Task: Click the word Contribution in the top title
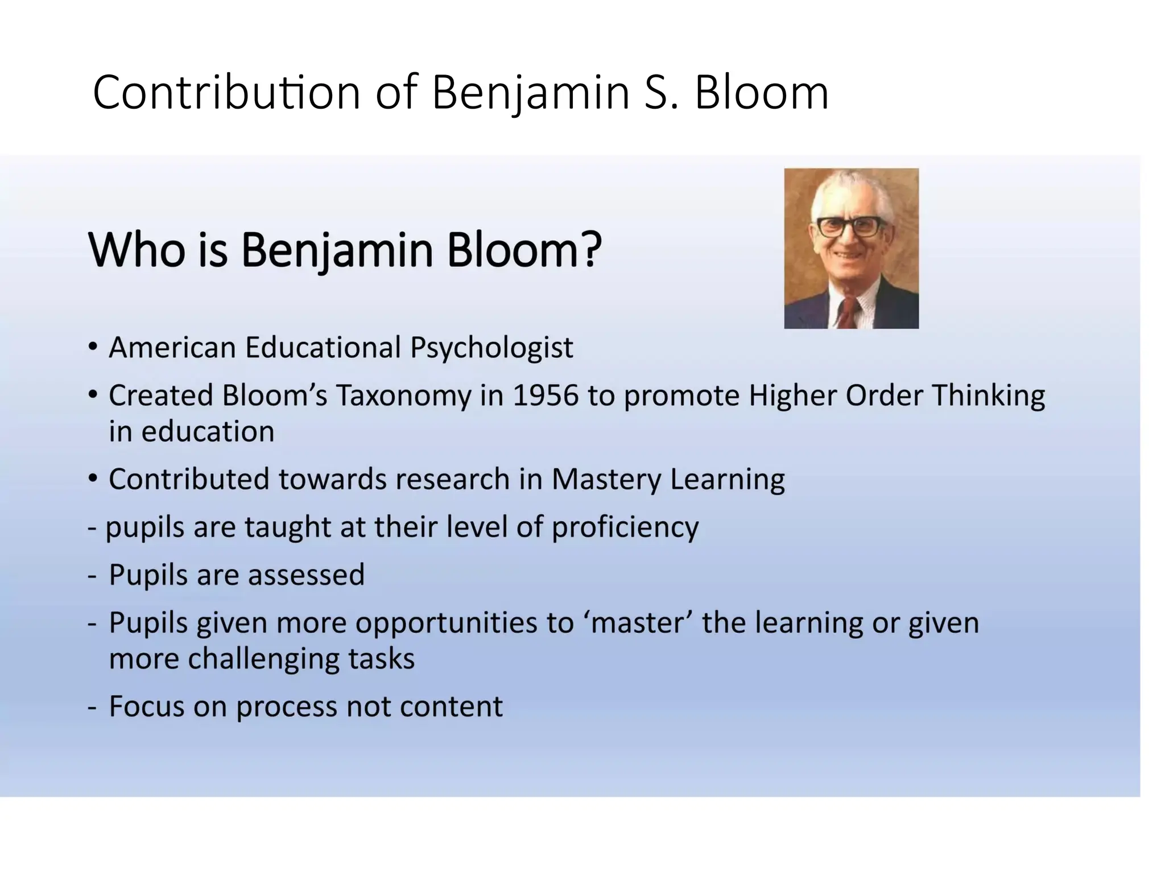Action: (226, 93)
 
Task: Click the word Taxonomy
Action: (403, 395)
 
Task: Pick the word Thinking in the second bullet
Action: (988, 395)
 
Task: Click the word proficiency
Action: (625, 527)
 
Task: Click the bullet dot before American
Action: (93, 347)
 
